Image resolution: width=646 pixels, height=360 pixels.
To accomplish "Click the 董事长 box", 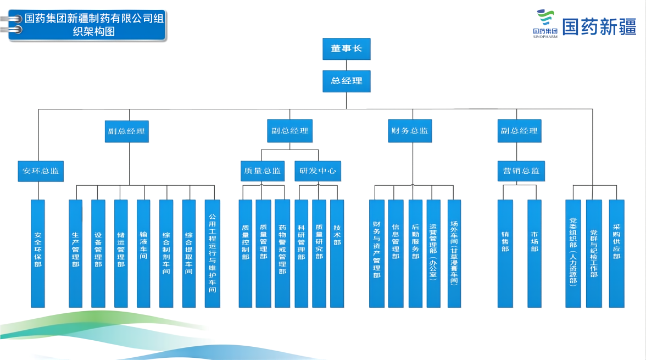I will [x=346, y=48].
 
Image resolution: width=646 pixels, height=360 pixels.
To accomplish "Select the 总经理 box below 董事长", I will [x=346, y=81].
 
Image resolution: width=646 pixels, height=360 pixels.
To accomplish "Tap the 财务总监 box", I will [x=409, y=131].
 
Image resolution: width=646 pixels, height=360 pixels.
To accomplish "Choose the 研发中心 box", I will [x=318, y=170].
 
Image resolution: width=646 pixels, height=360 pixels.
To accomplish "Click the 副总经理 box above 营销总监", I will [x=519, y=131].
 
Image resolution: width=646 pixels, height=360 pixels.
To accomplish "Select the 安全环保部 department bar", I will [x=38, y=253].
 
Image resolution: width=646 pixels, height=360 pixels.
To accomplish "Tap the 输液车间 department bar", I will [x=143, y=253].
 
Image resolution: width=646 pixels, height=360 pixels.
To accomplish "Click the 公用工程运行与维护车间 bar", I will [x=212, y=253].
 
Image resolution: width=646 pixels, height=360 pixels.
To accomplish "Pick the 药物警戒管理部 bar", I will [x=282, y=253].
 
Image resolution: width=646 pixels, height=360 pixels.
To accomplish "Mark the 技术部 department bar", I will [x=337, y=253].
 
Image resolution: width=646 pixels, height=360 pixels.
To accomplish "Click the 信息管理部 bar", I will [x=396, y=253].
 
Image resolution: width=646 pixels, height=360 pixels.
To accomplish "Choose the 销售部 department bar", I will [x=505, y=253].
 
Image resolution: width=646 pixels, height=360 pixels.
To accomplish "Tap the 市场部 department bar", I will [x=534, y=253].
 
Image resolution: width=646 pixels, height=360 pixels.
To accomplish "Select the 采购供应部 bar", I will [x=616, y=253].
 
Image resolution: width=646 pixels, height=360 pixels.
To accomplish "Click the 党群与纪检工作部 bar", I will [x=593, y=253].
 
